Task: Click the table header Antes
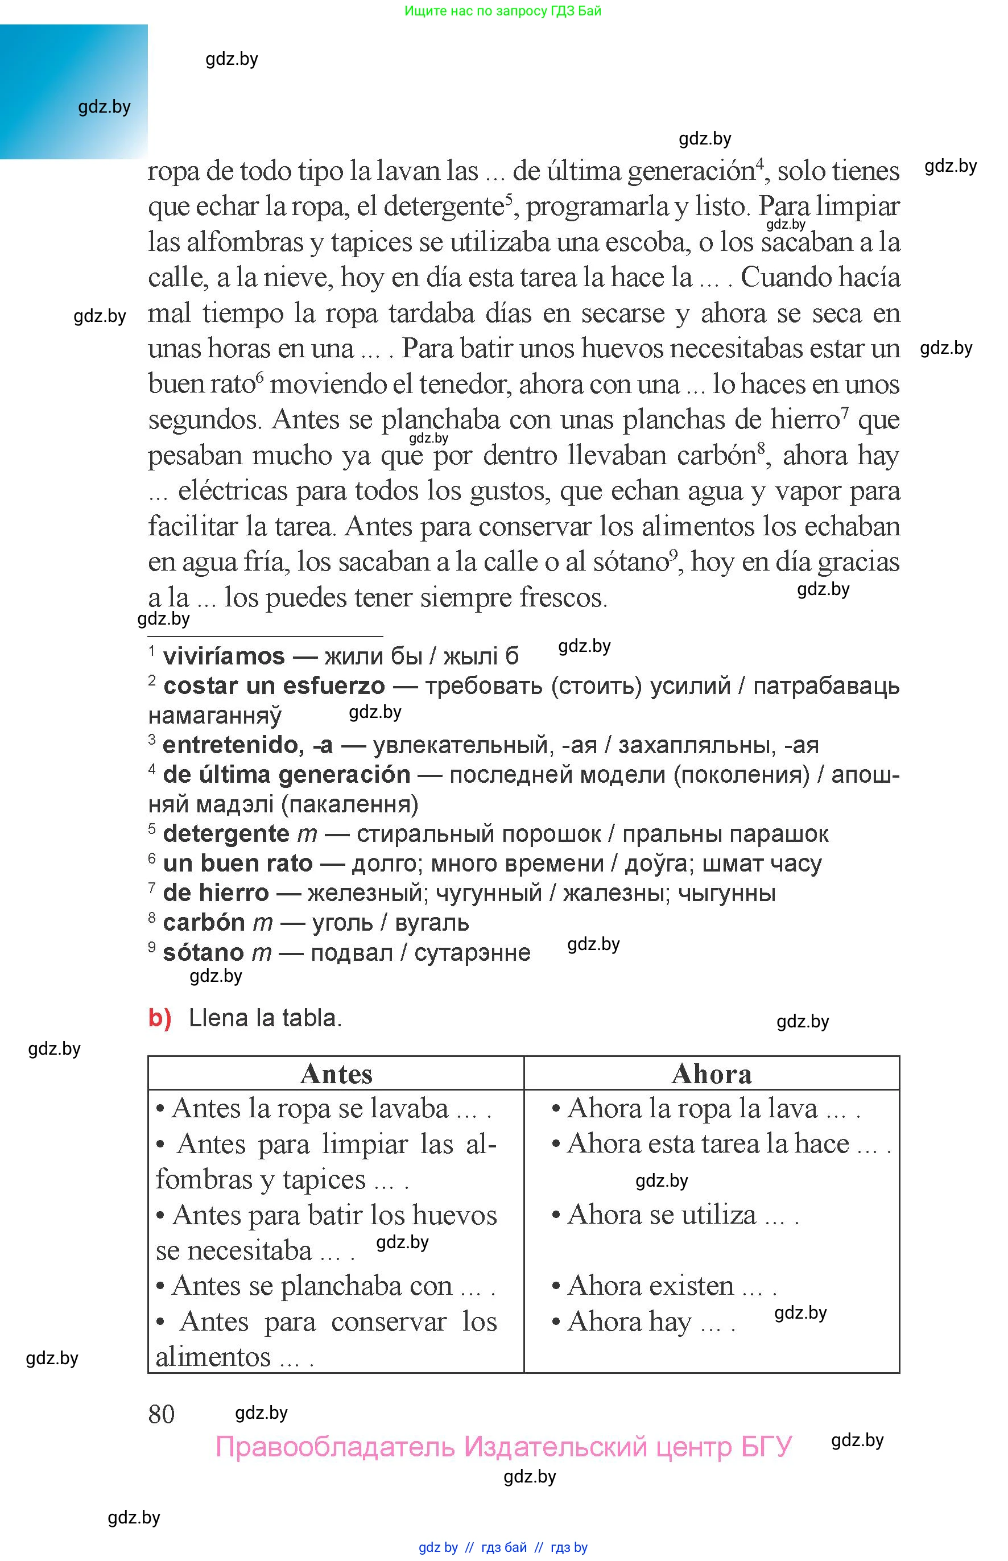[336, 1074]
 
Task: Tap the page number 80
[161, 1414]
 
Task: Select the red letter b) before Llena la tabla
[159, 1018]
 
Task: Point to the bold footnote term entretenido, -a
[247, 745]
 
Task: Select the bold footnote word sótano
[203, 952]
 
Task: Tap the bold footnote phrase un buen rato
[238, 864]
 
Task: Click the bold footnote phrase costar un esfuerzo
[274, 686]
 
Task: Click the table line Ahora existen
[662, 1286]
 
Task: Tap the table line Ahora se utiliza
[674, 1215]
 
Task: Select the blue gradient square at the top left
[73, 92]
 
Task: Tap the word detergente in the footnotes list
[226, 834]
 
